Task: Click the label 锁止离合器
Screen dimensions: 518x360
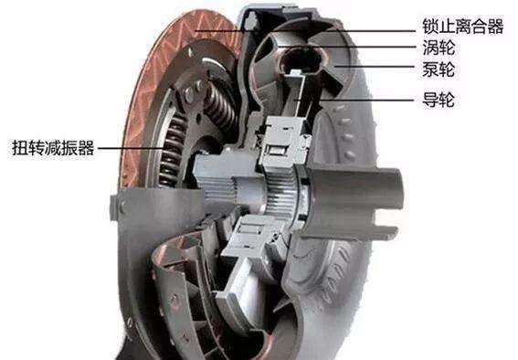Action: pyautogui.click(x=463, y=26)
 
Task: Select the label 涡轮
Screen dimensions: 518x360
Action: pyautogui.click(x=439, y=48)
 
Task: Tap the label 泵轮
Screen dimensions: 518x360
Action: pyautogui.click(x=439, y=69)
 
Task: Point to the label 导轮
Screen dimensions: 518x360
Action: pyautogui.click(x=439, y=100)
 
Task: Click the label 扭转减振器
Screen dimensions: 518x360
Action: pyautogui.click(x=53, y=148)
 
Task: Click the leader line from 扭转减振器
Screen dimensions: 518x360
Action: pyautogui.click(x=132, y=148)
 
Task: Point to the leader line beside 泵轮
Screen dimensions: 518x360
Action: pyautogui.click(x=375, y=67)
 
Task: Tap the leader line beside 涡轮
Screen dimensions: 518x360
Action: pyautogui.click(x=347, y=47)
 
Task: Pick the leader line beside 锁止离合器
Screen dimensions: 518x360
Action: pyautogui.click(x=305, y=31)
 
